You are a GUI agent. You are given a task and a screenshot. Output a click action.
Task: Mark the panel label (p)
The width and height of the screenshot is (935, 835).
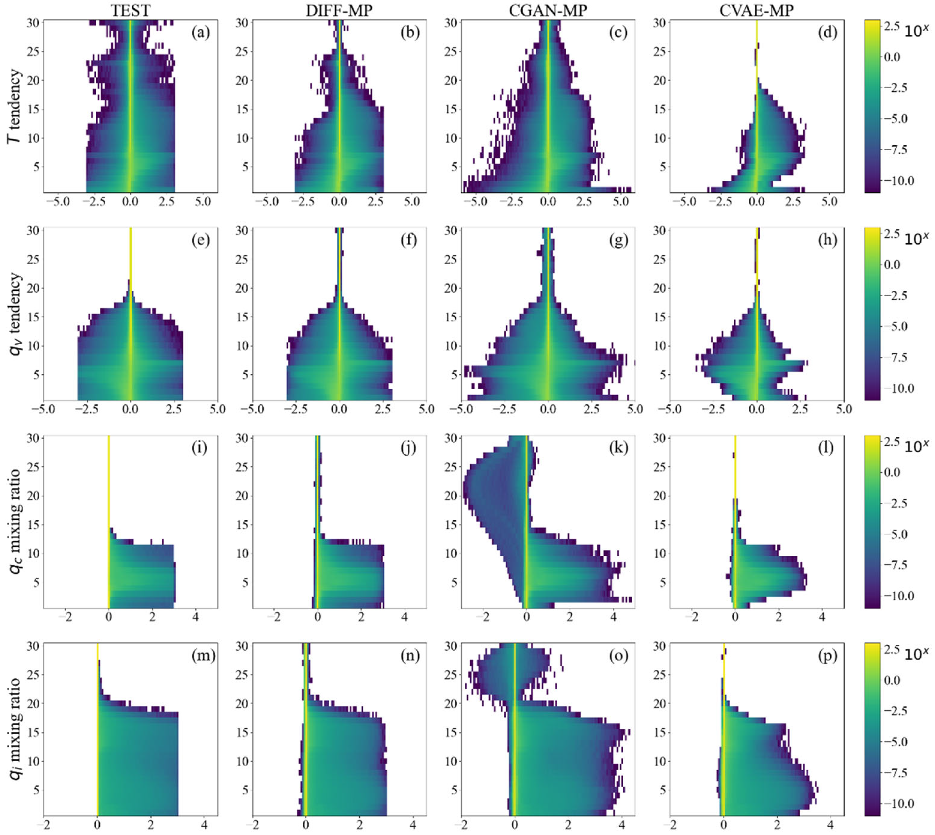click(x=827, y=656)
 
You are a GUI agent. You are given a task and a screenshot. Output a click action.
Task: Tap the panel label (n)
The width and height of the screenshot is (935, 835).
click(x=409, y=656)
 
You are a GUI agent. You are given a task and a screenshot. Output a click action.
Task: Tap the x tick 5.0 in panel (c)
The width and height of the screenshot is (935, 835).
click(x=620, y=202)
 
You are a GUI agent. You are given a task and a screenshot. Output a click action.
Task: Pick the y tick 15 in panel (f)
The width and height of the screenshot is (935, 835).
click(x=242, y=317)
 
